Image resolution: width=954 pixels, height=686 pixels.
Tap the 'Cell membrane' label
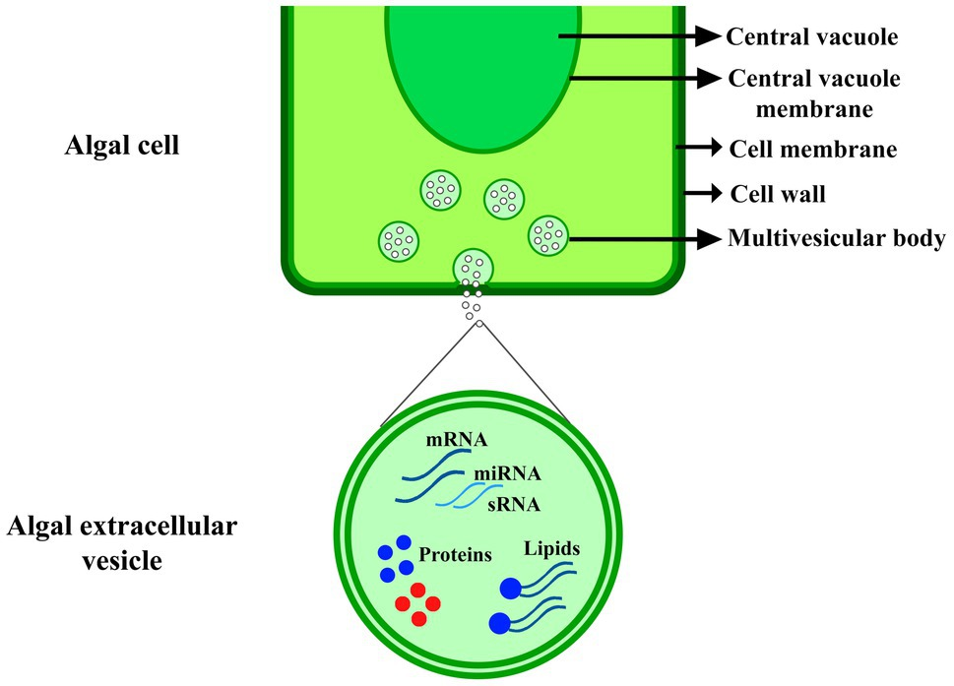(812, 150)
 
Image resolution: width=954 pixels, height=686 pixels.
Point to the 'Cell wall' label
(777, 194)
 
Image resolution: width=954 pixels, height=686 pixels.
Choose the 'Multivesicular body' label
(836, 238)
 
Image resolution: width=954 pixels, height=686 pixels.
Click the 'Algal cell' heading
(125, 148)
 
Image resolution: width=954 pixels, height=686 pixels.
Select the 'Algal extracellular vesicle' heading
(122, 544)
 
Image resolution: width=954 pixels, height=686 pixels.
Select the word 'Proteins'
(455, 555)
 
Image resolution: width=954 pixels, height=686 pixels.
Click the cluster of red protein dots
(416, 603)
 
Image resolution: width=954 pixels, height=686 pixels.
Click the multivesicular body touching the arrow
(548, 234)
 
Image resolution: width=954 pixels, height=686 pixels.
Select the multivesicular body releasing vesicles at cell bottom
(473, 268)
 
